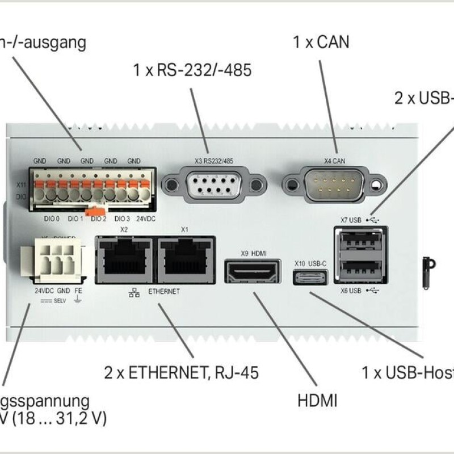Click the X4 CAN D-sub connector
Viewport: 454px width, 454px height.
pyautogui.click(x=333, y=183)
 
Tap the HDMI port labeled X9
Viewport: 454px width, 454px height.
pyautogui.click(x=254, y=272)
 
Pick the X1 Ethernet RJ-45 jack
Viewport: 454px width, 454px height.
pyautogui.click(x=186, y=259)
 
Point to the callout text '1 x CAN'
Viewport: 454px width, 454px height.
pyautogui.click(x=321, y=41)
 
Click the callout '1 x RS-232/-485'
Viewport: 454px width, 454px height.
pyautogui.click(x=192, y=70)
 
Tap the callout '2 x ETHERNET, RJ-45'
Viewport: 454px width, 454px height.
pyautogui.click(x=181, y=373)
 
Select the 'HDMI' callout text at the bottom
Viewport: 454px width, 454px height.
pyautogui.click(x=317, y=401)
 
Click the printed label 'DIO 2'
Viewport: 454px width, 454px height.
pyautogui.click(x=99, y=218)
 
